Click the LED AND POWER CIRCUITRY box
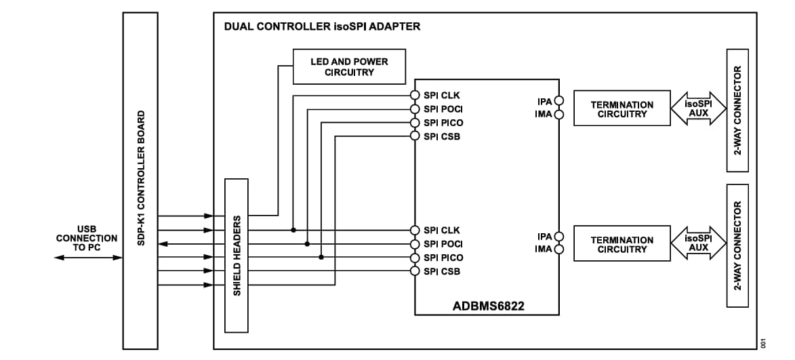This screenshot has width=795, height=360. tap(349, 66)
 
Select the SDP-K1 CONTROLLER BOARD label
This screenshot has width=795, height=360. tap(142, 178)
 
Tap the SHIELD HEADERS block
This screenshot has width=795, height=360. tap(237, 256)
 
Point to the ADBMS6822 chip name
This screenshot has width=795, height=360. tap(488, 306)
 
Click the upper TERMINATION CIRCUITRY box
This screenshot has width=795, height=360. tap(621, 108)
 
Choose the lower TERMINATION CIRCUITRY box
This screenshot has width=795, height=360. tap(621, 244)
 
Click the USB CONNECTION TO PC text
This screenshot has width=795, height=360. tap(86, 238)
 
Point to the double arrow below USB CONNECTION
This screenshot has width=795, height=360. tap(88, 258)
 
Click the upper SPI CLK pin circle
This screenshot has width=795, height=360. tap(415, 96)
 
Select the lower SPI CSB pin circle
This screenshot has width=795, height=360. tap(415, 271)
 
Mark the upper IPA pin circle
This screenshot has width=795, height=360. tap(559, 101)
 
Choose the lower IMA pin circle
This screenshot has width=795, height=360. tap(559, 249)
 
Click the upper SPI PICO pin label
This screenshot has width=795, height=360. tap(443, 123)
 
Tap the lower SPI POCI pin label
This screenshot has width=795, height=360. tap(443, 244)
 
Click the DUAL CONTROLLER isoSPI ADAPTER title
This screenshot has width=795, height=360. tap(322, 27)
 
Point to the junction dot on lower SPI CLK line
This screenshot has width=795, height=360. tap(293, 230)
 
